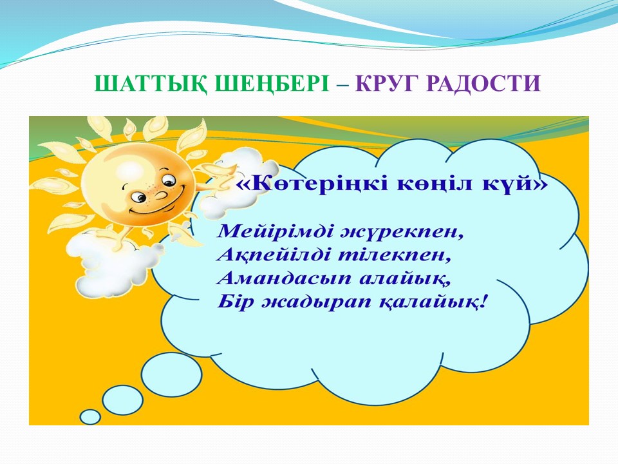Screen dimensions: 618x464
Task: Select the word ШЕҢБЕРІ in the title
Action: [x=272, y=84]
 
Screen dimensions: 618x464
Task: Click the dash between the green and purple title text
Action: [x=343, y=84]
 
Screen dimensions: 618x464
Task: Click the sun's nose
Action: [x=160, y=195]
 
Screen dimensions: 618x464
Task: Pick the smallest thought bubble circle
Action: [x=90, y=417]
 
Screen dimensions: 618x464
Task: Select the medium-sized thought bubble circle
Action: [x=123, y=400]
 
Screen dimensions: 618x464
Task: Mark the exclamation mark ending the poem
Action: [x=483, y=302]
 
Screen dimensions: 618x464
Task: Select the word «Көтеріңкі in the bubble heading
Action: [x=314, y=184]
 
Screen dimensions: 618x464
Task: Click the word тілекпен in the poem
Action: [x=394, y=255]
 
